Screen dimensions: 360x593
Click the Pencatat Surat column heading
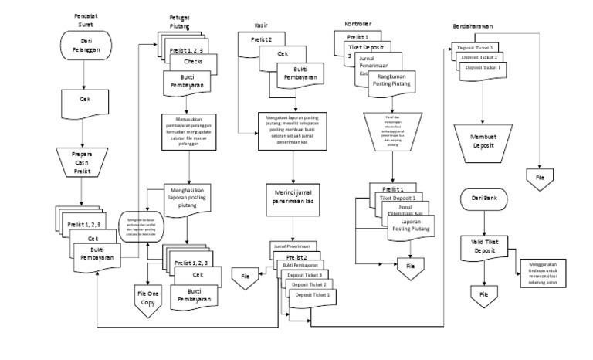point(86,19)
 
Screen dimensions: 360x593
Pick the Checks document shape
point(193,63)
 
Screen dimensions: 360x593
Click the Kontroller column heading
point(359,25)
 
